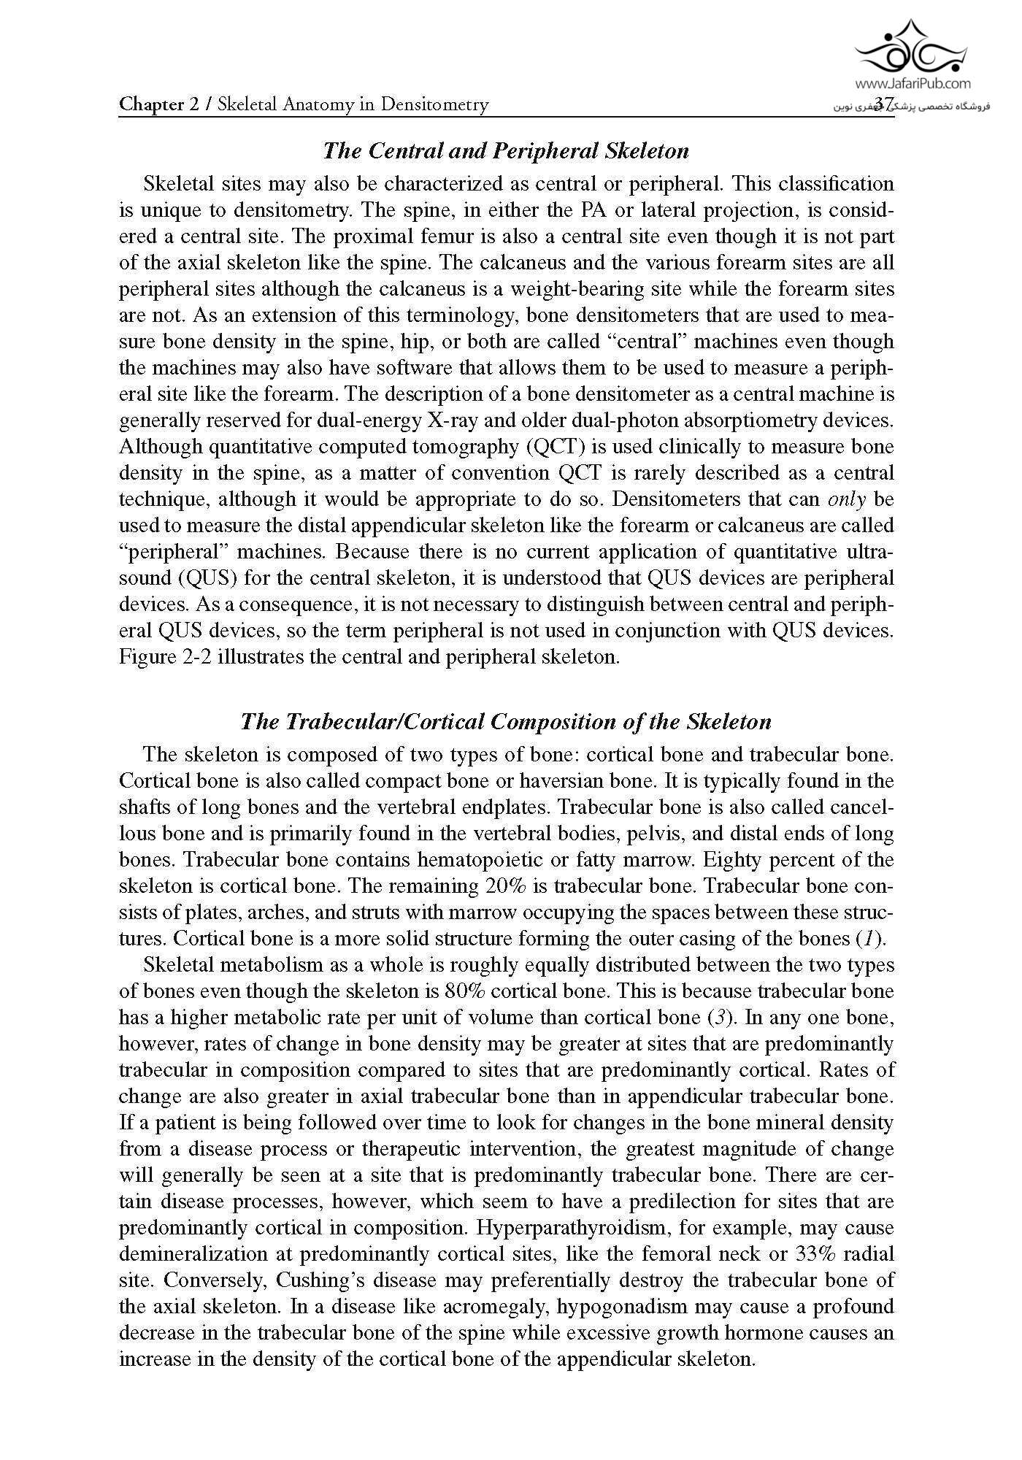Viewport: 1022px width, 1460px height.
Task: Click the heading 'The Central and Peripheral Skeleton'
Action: (505, 151)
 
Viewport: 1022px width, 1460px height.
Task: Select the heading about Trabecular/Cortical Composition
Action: (505, 722)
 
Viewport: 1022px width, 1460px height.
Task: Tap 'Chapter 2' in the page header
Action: (158, 104)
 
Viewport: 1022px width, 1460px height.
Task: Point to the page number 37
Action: (884, 104)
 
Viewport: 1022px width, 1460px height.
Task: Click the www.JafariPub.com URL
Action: (911, 84)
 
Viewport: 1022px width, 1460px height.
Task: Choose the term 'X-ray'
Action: (415, 420)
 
